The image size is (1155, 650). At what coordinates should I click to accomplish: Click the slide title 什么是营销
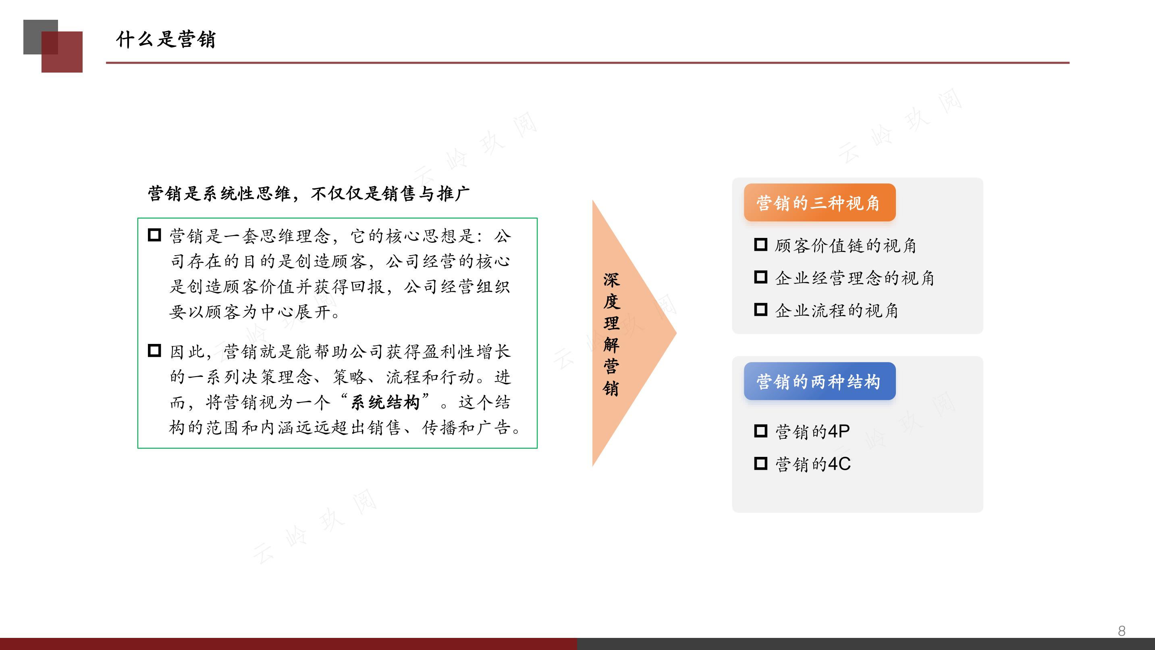[x=166, y=40]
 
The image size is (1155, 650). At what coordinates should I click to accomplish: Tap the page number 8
[x=1122, y=631]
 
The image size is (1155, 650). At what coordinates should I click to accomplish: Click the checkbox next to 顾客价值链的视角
[x=760, y=244]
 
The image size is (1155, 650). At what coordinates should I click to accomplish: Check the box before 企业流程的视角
[x=760, y=310]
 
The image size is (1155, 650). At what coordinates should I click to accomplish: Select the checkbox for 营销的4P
[x=760, y=431]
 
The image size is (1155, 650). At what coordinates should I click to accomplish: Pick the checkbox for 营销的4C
[x=760, y=463]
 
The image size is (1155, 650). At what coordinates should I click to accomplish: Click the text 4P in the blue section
[x=839, y=431]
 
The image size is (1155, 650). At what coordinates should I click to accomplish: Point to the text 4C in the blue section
[x=839, y=464]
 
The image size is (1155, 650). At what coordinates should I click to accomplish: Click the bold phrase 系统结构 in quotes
[x=385, y=402]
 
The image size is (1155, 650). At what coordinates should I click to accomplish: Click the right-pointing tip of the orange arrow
[x=676, y=333]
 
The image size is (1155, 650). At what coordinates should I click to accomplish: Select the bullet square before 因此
[x=154, y=350]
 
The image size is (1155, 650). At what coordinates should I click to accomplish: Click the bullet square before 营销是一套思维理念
[x=154, y=235]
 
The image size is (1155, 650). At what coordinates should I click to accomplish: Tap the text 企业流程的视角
[x=837, y=310]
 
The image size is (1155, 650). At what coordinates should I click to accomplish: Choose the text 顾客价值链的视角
[x=845, y=246]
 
